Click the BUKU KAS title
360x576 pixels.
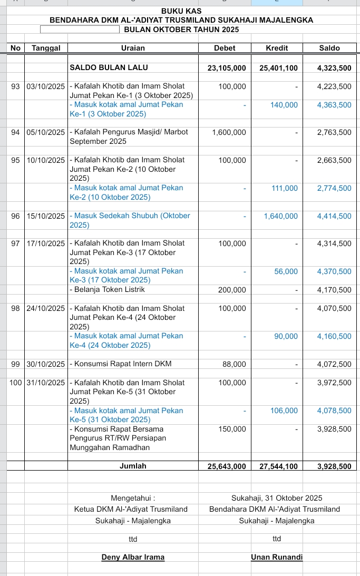tap(181, 11)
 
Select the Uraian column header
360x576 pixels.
tap(133, 48)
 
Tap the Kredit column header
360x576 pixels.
tap(277, 48)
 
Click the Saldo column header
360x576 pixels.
tap(330, 48)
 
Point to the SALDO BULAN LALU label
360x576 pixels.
tap(109, 67)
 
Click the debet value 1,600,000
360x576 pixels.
tap(229, 132)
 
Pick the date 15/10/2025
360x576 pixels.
tap(46, 216)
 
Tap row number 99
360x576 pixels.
tap(15, 364)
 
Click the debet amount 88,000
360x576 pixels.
tap(235, 364)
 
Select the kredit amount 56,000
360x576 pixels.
tap(286, 271)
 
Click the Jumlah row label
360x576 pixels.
tap(133, 466)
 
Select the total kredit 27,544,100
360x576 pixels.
tap(279, 466)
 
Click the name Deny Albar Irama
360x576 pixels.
tap(133, 557)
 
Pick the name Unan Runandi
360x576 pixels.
tap(277, 557)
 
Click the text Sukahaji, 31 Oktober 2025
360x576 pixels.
tap(277, 498)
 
